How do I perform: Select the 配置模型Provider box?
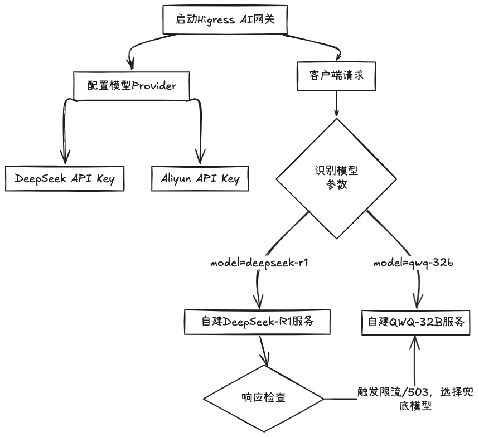(x=132, y=85)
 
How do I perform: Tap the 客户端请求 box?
(x=336, y=75)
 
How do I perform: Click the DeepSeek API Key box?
(x=64, y=178)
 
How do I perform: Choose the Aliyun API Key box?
(x=200, y=178)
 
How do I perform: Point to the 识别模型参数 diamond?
(x=335, y=178)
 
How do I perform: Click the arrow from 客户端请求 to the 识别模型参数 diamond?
(x=336, y=103)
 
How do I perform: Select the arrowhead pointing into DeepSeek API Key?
(x=65, y=157)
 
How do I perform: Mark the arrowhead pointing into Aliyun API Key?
(x=199, y=157)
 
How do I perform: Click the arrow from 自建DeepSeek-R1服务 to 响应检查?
(x=263, y=351)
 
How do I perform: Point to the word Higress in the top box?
(x=225, y=20)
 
